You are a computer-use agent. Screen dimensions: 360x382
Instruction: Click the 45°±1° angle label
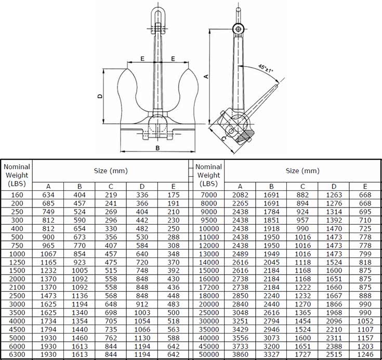pyautogui.click(x=265, y=68)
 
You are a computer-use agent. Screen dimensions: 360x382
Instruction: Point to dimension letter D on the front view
pyautogui.click(x=100, y=96)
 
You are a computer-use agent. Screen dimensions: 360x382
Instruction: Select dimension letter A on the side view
pyautogui.click(x=206, y=76)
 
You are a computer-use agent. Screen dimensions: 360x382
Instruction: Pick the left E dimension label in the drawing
pyautogui.click(x=142, y=59)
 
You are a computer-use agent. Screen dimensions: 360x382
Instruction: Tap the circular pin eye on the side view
pyautogui.click(x=239, y=29)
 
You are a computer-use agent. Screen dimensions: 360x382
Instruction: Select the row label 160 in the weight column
pyautogui.click(x=17, y=195)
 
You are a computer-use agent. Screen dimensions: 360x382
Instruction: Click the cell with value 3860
pyautogui.click(x=240, y=354)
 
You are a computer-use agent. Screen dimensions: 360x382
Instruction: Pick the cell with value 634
pyautogui.click(x=48, y=195)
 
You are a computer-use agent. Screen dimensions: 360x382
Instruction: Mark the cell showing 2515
pyautogui.click(x=333, y=354)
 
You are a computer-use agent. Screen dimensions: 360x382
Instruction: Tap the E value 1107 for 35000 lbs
pyautogui.click(x=364, y=329)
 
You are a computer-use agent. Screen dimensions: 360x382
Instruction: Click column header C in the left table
pyautogui.click(x=110, y=186)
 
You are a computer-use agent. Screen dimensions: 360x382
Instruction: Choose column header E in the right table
pyautogui.click(x=364, y=186)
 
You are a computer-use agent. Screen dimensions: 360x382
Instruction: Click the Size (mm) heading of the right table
pyautogui.click(x=302, y=171)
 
